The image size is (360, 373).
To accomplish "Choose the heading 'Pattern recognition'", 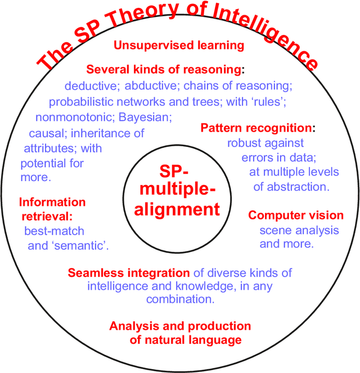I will click(256, 128).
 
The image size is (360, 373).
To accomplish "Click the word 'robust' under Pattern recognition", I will click(244, 143).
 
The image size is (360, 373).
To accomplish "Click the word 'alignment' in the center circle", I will click(178, 210).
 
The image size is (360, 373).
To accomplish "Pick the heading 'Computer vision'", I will click(296, 215).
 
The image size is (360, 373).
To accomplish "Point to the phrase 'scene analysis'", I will click(299, 230).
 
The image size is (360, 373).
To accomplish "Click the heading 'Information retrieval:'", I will click(52, 208).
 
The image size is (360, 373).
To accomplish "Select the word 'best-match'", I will click(55, 231).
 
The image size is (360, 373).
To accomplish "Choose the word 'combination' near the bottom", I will click(179, 299).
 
